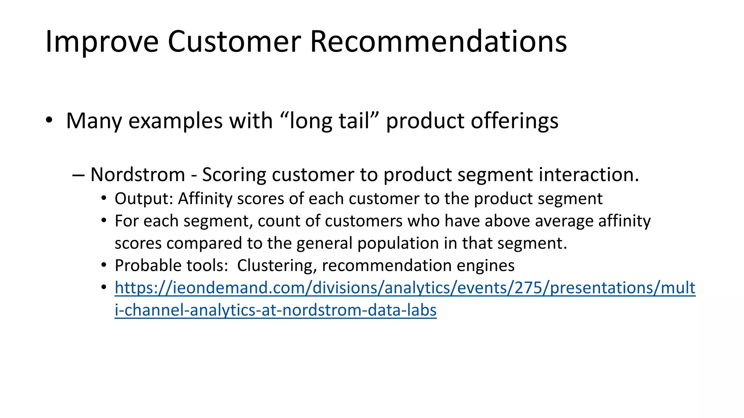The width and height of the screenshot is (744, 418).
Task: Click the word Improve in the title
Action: [x=102, y=42]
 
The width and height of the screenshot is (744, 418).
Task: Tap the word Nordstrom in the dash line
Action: [x=138, y=175]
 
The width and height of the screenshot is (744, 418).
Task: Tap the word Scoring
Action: [x=234, y=175]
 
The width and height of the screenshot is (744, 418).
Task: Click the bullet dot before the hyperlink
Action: [x=104, y=288]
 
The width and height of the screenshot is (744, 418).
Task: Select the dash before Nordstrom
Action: [x=78, y=175]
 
